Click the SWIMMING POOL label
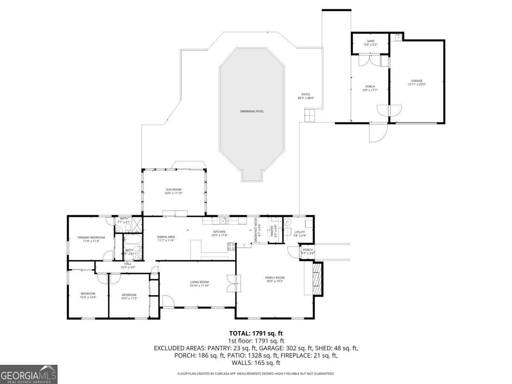(251, 111)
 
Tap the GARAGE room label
(416, 81)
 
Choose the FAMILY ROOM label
(274, 277)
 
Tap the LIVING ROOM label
(199, 282)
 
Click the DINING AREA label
(166, 237)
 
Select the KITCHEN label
(219, 232)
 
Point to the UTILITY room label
(300, 232)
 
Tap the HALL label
(128, 264)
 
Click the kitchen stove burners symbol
(231, 246)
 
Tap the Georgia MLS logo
(29, 374)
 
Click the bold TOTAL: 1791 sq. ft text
(256, 333)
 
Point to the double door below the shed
(369, 61)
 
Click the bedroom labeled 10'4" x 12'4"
(88, 295)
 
